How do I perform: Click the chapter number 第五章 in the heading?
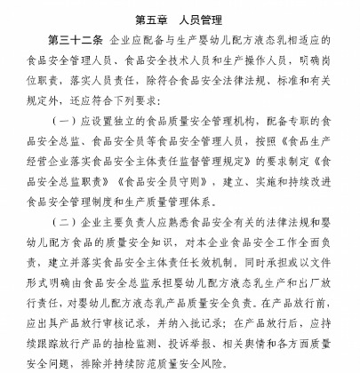click(154, 18)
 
